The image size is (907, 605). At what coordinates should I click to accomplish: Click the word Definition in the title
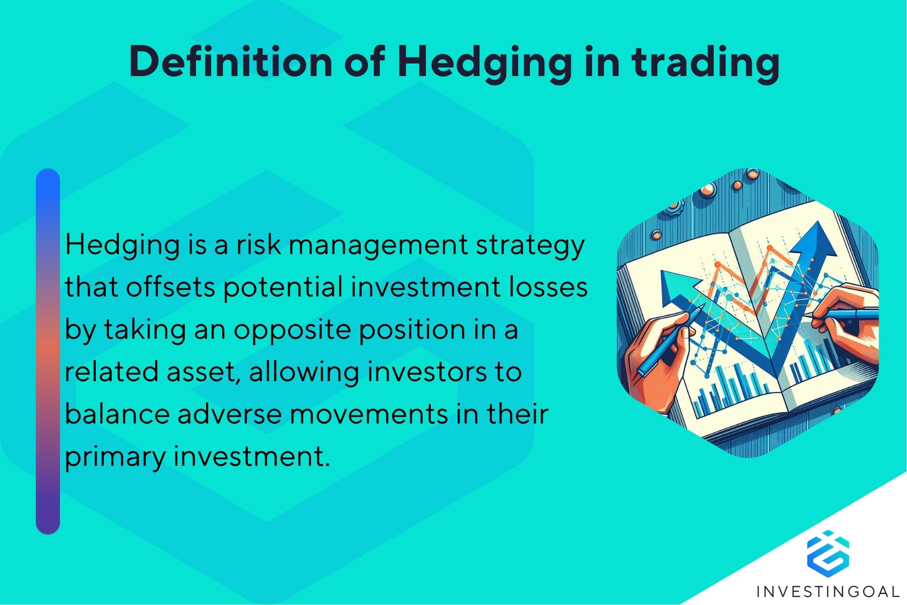click(x=230, y=62)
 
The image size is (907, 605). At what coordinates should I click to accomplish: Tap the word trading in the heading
click(x=705, y=63)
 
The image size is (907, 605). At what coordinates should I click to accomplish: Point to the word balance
click(x=117, y=414)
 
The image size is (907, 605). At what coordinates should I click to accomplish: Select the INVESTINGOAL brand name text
click(x=827, y=591)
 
